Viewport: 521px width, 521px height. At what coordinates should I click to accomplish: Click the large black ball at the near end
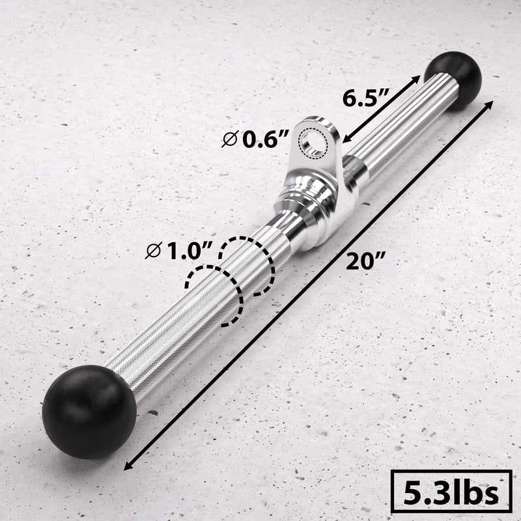[89, 402]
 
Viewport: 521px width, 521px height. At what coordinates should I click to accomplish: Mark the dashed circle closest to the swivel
[246, 266]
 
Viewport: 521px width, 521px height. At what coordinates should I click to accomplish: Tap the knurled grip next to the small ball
[391, 130]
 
